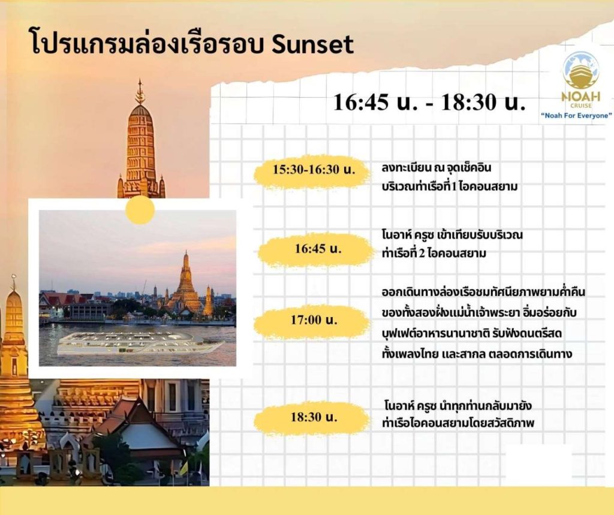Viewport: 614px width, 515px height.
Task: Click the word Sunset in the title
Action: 312,44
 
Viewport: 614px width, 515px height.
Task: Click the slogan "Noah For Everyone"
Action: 576,116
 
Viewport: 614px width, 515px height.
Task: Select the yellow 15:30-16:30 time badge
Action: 313,171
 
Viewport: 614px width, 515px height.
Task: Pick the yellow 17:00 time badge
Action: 313,321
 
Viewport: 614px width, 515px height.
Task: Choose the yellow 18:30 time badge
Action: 313,418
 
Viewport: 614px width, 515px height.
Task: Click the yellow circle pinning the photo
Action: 140,210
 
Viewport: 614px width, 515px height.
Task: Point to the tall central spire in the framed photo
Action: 185,281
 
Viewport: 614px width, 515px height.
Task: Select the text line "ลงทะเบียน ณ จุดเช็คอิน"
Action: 437,168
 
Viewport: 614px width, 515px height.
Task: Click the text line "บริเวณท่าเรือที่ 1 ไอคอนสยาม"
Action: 450,186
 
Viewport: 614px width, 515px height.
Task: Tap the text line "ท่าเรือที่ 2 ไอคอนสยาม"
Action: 434,254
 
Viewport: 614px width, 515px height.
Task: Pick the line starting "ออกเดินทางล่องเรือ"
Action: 483,292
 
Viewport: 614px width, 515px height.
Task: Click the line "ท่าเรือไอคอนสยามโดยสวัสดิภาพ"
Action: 458,423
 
